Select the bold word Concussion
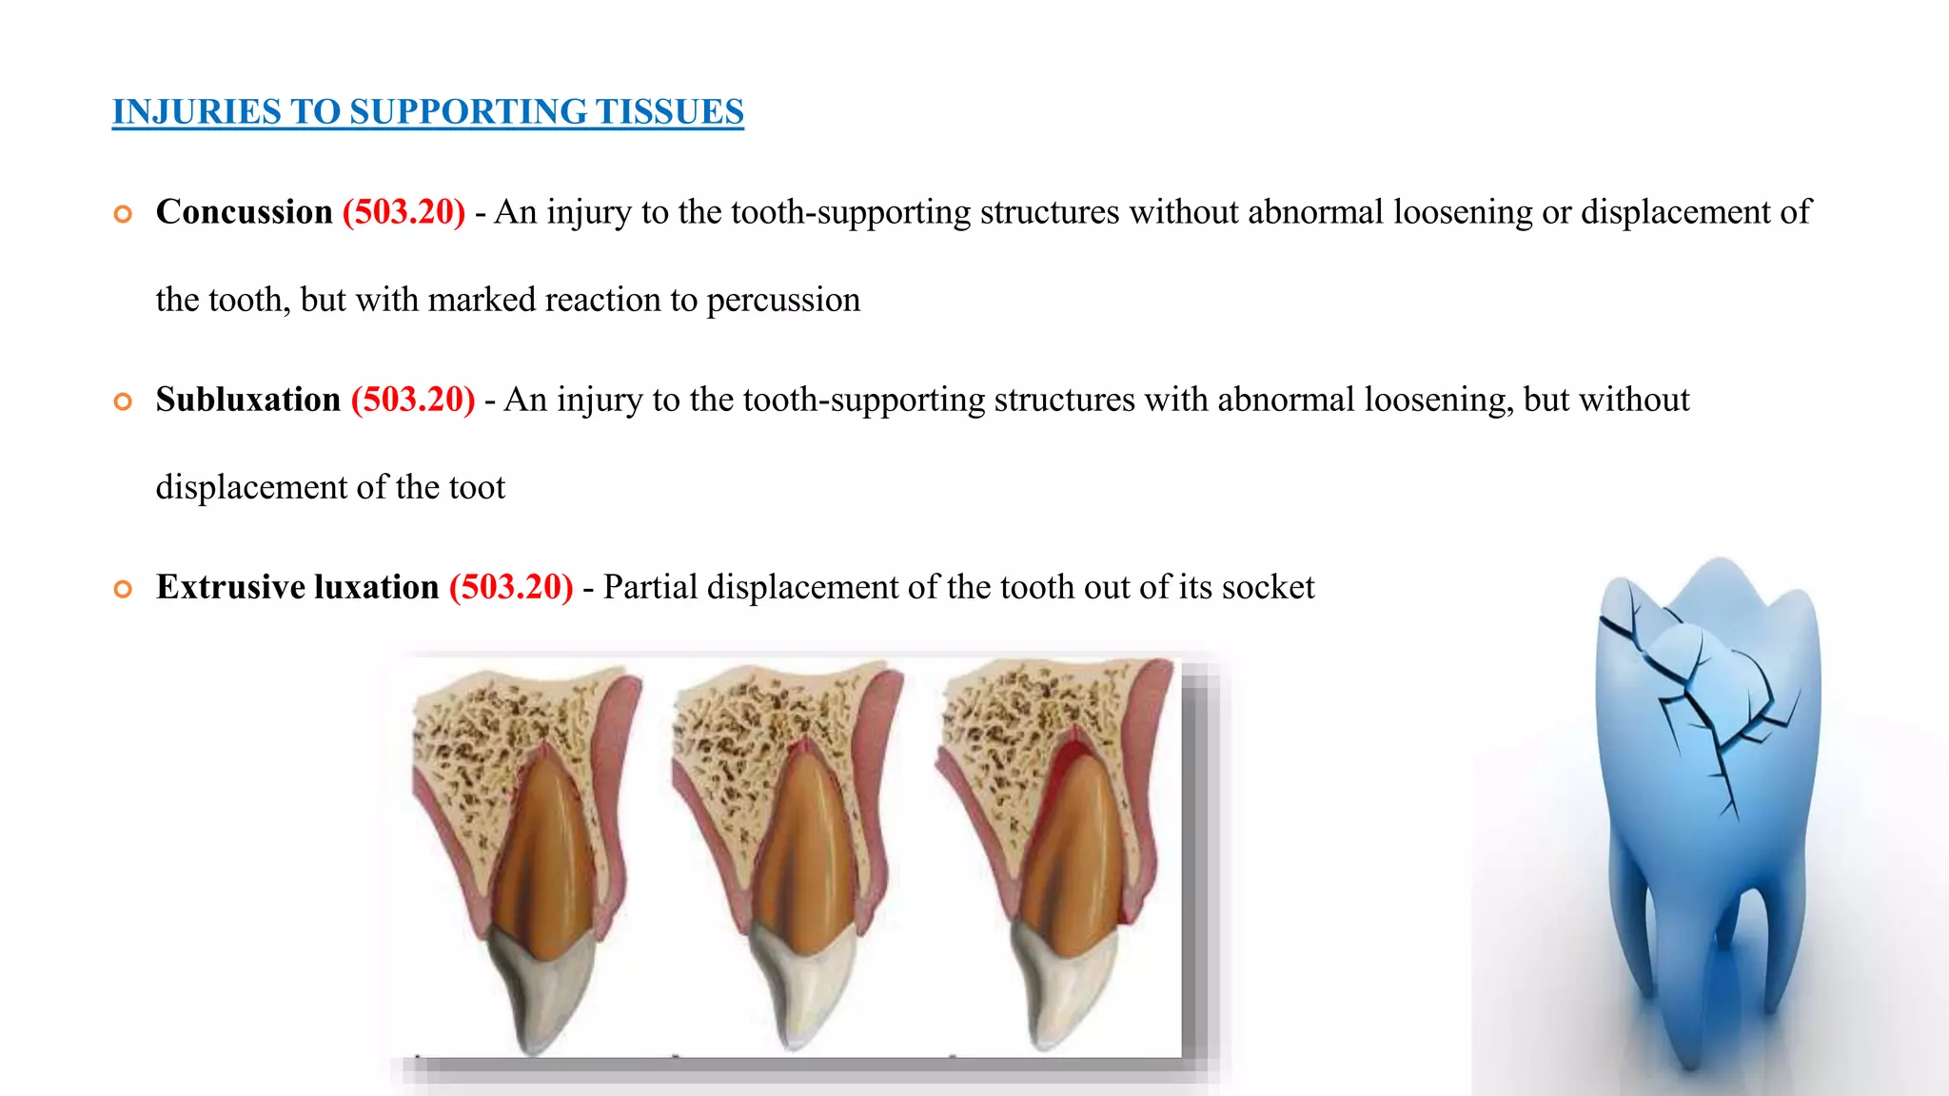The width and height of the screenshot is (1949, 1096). tap(244, 211)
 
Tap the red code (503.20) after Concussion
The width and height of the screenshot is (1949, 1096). tap(404, 211)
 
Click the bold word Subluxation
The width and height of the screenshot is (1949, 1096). tap(247, 399)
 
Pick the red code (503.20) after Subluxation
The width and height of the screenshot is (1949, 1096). tap(413, 399)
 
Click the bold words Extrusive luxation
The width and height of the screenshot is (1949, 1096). tap(297, 586)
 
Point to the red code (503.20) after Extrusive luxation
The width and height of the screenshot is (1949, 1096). tap(511, 586)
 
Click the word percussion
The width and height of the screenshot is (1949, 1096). tap(782, 301)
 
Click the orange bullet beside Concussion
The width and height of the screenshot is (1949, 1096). tap(123, 214)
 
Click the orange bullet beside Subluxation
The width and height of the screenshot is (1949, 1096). tap(123, 401)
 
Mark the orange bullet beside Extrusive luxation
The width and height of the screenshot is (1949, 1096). tap(123, 589)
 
